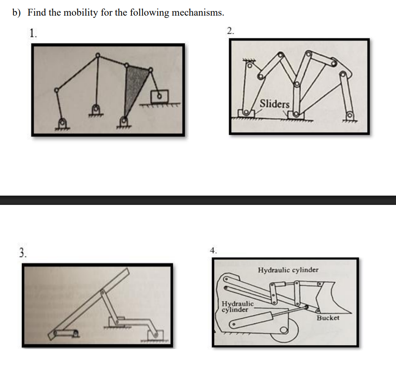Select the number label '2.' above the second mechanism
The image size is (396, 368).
click(230, 30)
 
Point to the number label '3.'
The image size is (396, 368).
click(23, 253)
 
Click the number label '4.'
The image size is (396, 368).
click(214, 250)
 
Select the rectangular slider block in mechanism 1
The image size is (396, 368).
click(159, 96)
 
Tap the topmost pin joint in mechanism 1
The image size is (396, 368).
click(98, 55)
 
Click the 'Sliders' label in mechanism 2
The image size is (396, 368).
click(274, 104)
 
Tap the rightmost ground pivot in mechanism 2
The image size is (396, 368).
click(349, 115)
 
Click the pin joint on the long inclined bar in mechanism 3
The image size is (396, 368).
click(103, 292)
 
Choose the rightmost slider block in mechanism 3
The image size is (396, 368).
click(155, 335)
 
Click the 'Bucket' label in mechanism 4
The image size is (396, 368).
click(328, 317)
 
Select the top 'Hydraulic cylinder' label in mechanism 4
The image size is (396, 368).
click(288, 270)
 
